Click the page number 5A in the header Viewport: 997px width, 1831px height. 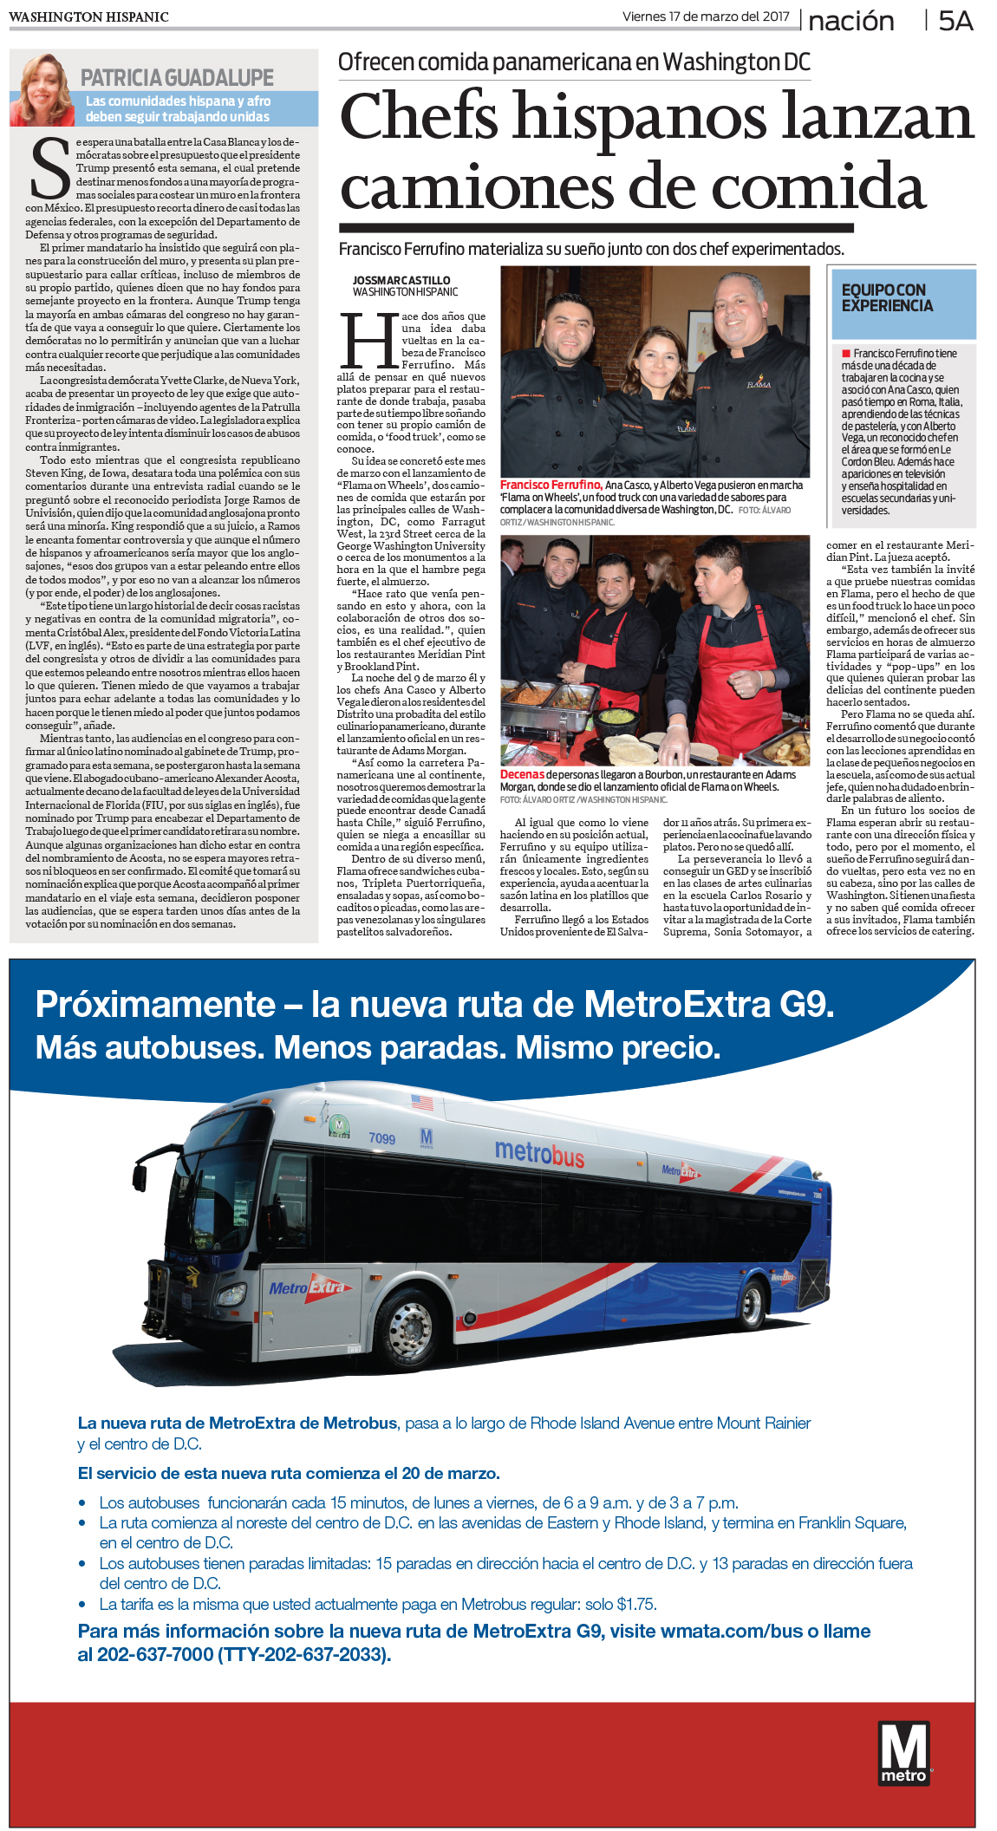pyautogui.click(x=955, y=20)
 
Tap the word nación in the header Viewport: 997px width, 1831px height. pyautogui.click(x=850, y=21)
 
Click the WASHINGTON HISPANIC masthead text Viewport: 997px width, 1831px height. pyautogui.click(x=88, y=16)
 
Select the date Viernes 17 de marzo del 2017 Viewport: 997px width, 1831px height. pyautogui.click(x=706, y=16)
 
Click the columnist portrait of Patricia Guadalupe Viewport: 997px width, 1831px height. pyautogui.click(x=42, y=89)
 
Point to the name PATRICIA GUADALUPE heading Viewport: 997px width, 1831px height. pyautogui.click(x=177, y=78)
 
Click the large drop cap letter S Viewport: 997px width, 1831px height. pyautogui.click(x=49, y=170)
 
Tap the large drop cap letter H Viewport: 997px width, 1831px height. pyautogui.click(x=368, y=341)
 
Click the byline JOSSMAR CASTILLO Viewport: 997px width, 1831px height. pyautogui.click(x=401, y=280)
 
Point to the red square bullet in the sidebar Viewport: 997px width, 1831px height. pyautogui.click(x=845, y=354)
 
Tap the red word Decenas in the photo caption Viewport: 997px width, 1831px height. pyautogui.click(x=522, y=774)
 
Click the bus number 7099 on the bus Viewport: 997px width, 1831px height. pyautogui.click(x=381, y=1138)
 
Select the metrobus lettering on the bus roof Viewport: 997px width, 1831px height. pyautogui.click(x=539, y=1153)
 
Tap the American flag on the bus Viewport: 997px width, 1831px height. pyautogui.click(x=421, y=1103)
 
